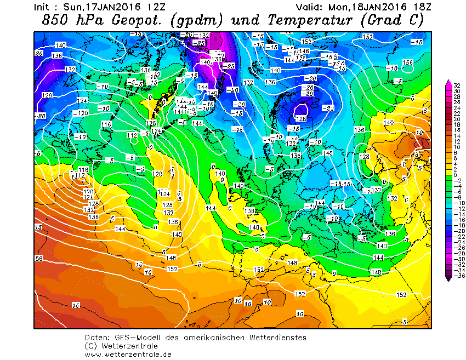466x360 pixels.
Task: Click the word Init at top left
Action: tap(43, 8)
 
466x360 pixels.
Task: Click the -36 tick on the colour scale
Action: tap(457, 277)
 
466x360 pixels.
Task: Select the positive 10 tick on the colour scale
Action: tap(457, 147)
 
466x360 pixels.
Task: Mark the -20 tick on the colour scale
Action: tap(457, 232)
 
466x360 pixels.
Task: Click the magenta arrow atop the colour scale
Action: tap(448, 82)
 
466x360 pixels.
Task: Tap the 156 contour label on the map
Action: tap(407, 62)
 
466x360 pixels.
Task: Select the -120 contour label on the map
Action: tap(81, 113)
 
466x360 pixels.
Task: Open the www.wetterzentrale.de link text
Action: tap(128, 354)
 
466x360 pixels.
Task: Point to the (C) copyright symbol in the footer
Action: tap(91, 346)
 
